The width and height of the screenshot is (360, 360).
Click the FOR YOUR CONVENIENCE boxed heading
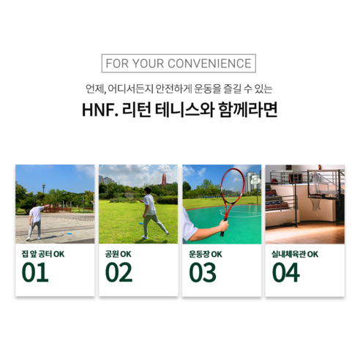tap(179, 63)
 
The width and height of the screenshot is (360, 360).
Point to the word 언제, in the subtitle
tap(96, 90)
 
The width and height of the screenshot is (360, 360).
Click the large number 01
tap(35, 271)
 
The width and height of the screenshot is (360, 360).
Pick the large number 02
tap(119, 271)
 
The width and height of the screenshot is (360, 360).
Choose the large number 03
tap(202, 271)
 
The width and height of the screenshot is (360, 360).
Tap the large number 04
tap(286, 271)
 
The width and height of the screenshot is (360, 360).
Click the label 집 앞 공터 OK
tap(42, 254)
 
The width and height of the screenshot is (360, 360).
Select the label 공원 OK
tap(118, 254)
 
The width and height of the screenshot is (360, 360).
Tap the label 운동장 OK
tap(206, 254)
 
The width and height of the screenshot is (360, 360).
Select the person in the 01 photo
tap(34, 221)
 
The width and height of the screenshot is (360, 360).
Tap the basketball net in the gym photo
tap(315, 201)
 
